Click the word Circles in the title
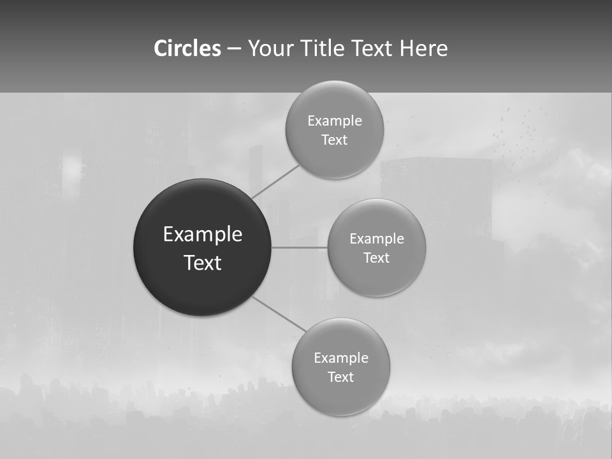(187, 48)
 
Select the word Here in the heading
(424, 48)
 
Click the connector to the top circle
(275, 181)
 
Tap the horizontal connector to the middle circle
(299, 247)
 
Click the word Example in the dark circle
(202, 235)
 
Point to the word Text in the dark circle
(202, 263)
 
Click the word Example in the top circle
(334, 121)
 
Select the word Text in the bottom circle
(340, 377)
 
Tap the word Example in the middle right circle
(376, 239)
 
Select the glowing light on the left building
(72, 168)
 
